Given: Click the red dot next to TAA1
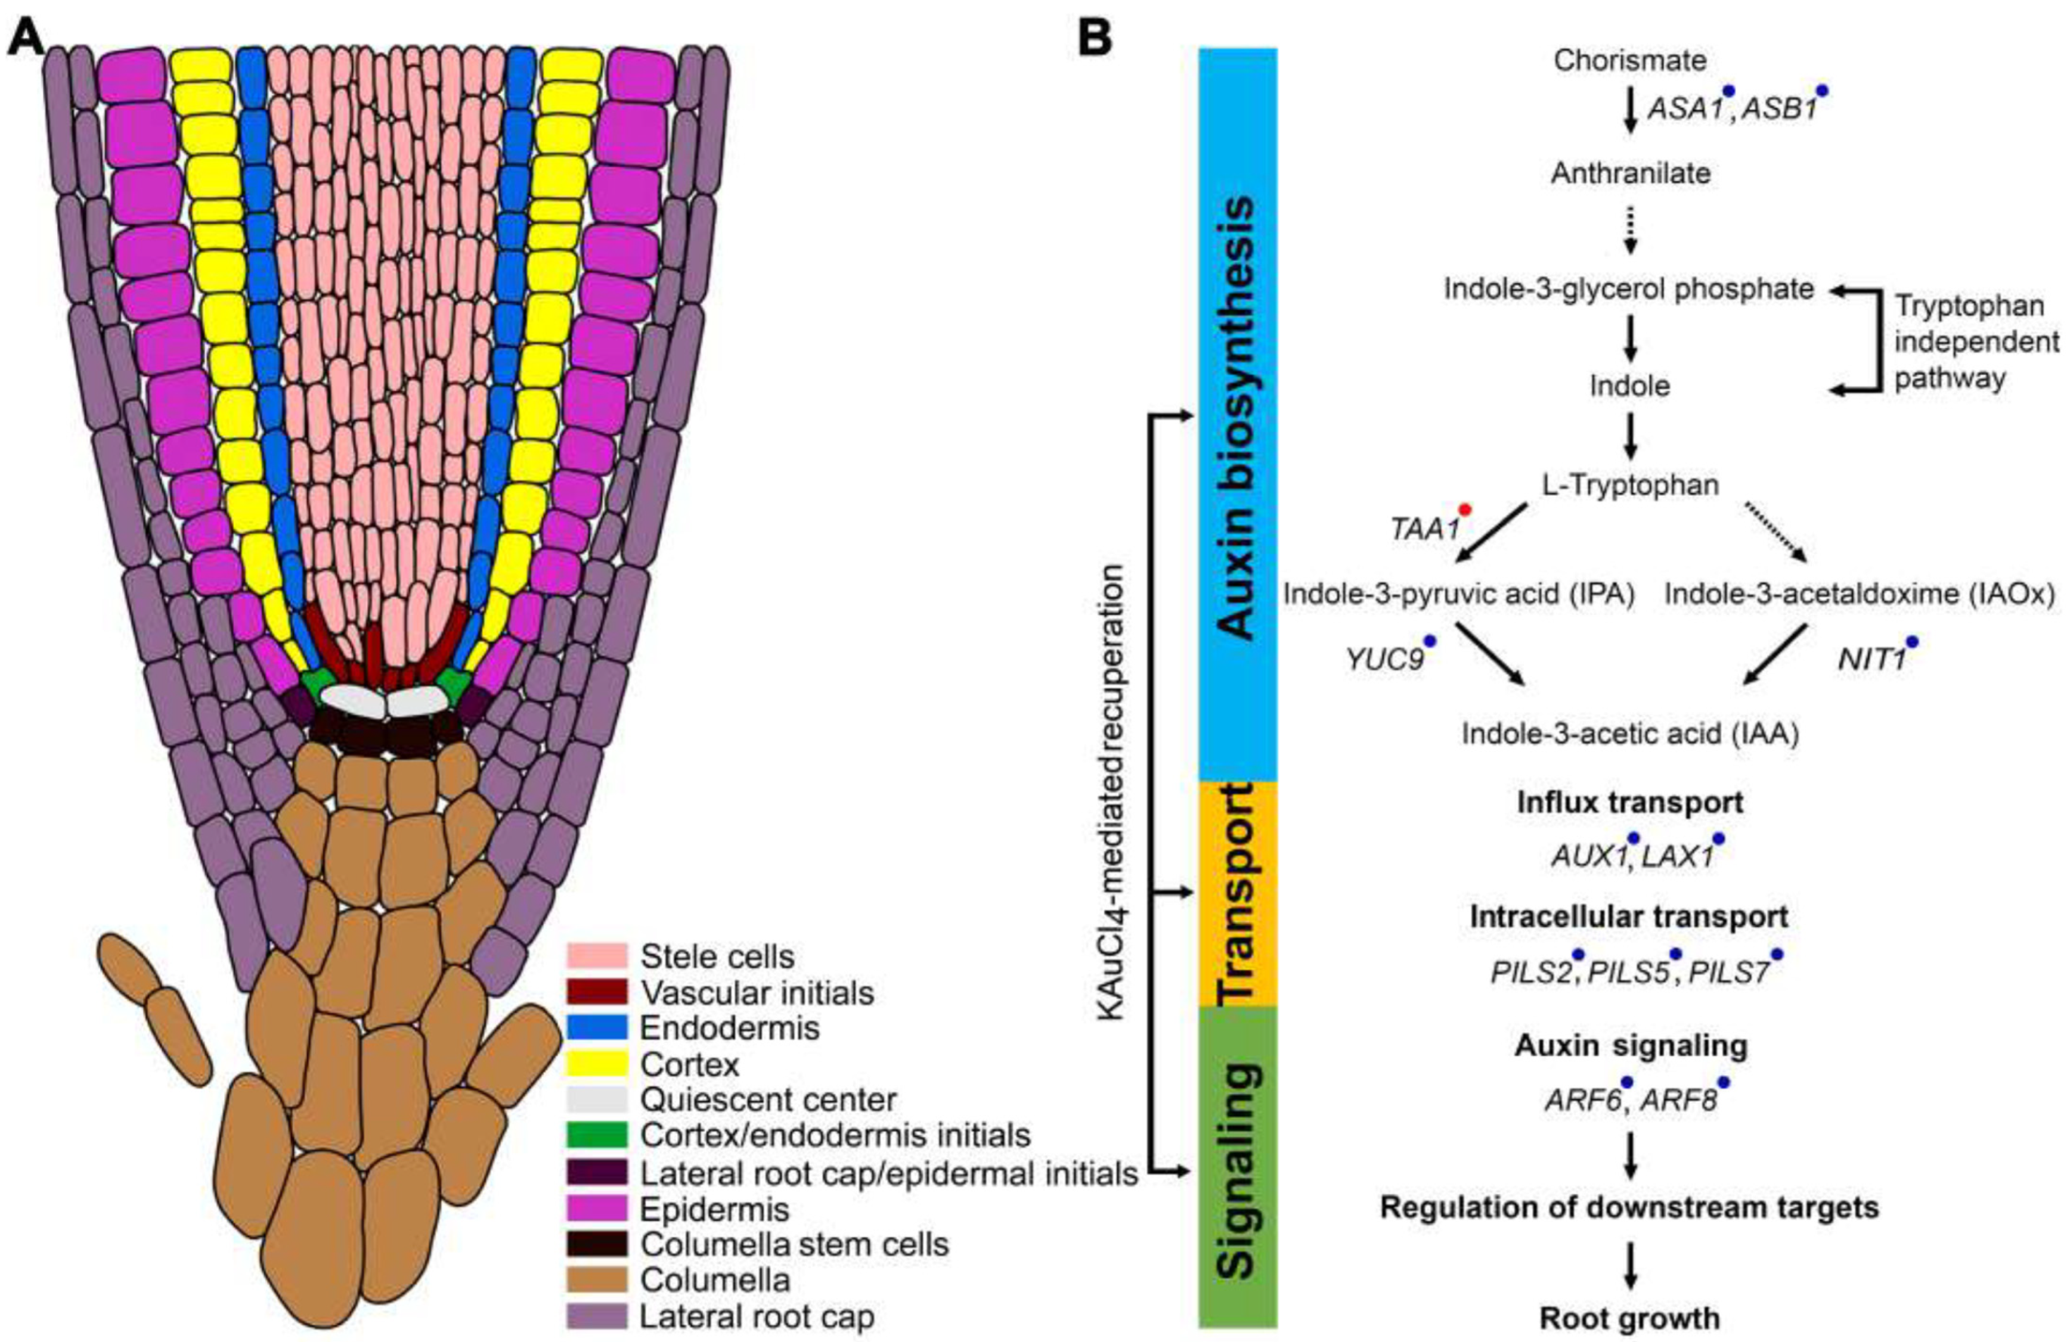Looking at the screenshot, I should [1464, 510].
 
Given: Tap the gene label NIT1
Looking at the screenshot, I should [1871, 660].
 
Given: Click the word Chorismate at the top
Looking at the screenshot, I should [1629, 61].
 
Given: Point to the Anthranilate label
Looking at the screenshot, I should [1630, 173].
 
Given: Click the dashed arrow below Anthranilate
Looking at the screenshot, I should [1630, 230].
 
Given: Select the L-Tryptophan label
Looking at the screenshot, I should [1629, 484].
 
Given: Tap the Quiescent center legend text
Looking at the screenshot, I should [768, 1100].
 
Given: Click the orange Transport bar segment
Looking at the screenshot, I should [1238, 893].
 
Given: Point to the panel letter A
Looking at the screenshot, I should [27, 36].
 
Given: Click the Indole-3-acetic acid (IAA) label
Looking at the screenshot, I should [1629, 734].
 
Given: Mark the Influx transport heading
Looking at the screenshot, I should [1629, 803].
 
